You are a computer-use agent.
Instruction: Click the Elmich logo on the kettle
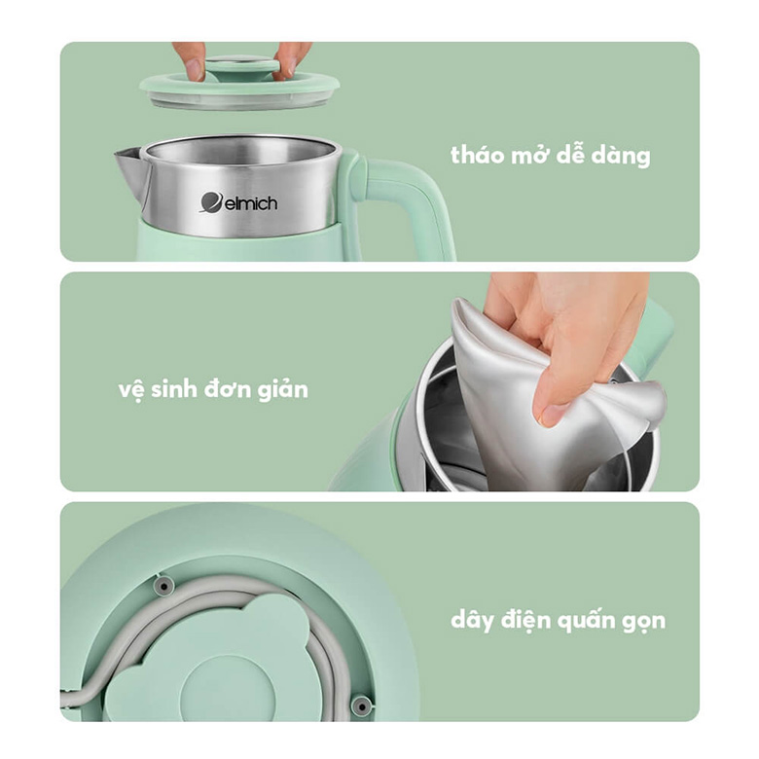click(238, 202)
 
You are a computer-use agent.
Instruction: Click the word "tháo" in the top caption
click(480, 155)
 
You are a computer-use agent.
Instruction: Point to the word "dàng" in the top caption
click(619, 156)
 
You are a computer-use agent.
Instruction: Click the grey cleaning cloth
click(545, 399)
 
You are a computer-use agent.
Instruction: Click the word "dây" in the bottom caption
click(474, 621)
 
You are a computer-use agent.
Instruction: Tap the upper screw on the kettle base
click(164, 585)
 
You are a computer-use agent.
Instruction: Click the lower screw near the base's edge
click(361, 705)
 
